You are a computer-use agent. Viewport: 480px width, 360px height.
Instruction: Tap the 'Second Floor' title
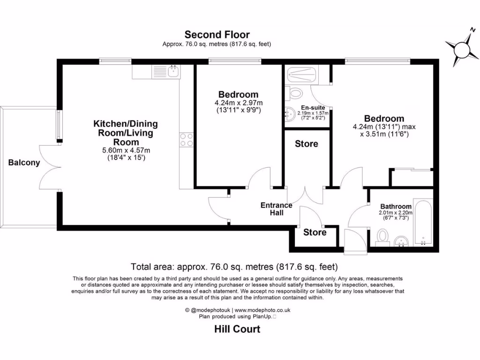coord(217,35)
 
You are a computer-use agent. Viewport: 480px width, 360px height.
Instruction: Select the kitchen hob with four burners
coord(186,140)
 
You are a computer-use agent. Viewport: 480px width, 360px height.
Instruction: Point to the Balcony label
coord(24,163)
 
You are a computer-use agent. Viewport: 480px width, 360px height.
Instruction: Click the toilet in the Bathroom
coord(382,236)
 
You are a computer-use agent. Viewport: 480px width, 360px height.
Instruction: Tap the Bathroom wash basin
coord(401,241)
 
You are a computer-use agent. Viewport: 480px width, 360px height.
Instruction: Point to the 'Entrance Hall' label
coord(276,209)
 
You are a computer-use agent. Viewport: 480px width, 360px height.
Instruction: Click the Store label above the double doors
coord(307,144)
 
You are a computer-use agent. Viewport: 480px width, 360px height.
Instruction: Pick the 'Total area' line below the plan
coord(234,267)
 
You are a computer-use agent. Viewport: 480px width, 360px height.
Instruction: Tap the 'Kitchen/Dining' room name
coord(126,124)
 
